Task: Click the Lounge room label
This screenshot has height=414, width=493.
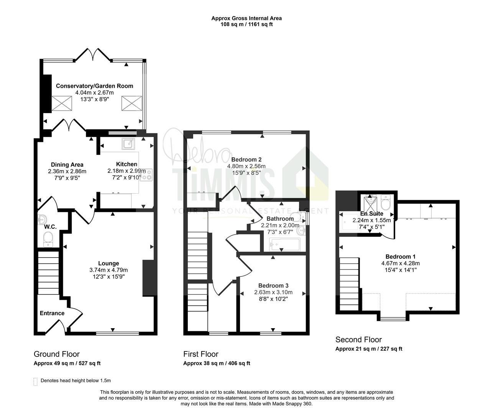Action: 108,263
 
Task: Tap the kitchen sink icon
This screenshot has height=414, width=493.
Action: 128,144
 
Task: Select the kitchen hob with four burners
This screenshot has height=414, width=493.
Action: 146,175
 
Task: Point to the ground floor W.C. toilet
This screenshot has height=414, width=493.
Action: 48,239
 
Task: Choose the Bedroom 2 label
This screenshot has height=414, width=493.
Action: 246,159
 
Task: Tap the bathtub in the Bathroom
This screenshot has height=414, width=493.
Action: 285,245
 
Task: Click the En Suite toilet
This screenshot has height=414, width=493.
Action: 386,202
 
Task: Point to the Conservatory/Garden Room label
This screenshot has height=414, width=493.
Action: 94,86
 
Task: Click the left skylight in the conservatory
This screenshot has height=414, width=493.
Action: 62,103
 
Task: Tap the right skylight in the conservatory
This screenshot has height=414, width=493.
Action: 132,103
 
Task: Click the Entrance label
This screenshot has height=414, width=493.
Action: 52,313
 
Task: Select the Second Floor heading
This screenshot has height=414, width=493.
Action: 358,340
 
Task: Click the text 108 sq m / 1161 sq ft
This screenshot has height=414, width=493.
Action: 246,24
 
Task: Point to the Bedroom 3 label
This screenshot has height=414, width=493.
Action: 273,286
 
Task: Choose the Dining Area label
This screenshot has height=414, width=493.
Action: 67,164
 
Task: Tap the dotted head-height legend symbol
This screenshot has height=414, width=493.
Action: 35,382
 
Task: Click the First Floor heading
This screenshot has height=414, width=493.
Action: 201,354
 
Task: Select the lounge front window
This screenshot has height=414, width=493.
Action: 118,333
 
